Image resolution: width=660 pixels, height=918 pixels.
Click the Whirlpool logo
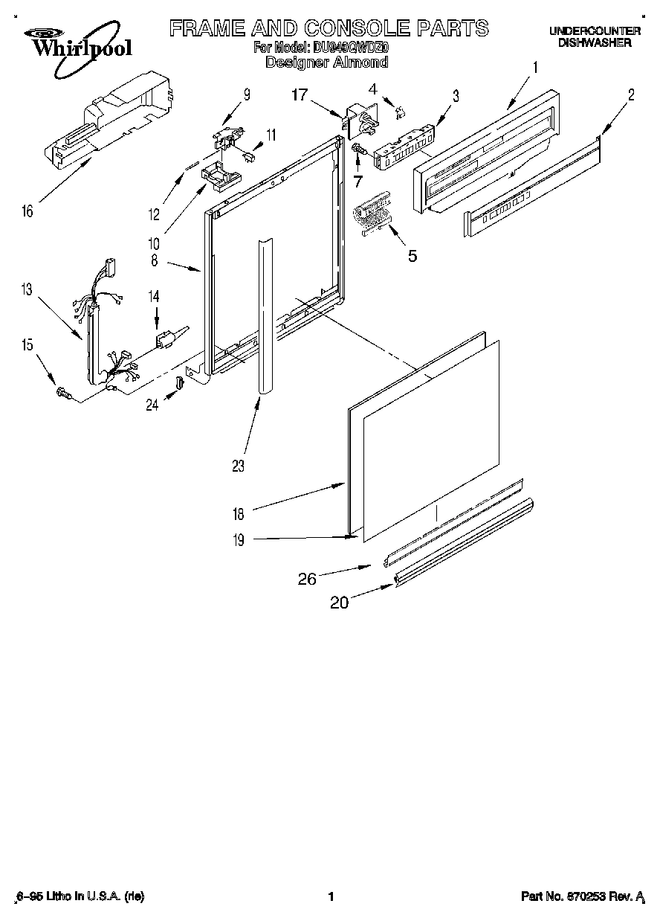coord(72,43)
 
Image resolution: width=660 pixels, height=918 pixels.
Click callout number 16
coord(27,212)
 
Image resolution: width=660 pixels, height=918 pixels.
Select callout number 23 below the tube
coord(238,466)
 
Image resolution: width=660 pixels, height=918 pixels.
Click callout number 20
coord(339,603)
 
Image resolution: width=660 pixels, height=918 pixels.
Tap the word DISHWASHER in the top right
coord(595,43)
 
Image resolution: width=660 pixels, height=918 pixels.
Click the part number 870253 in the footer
coord(585,897)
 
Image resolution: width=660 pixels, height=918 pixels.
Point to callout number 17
coord(299,94)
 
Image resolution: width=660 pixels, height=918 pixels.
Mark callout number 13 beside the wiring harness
coord(27,289)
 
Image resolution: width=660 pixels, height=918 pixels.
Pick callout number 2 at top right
coord(630,94)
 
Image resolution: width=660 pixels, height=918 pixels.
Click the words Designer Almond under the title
coord(327,62)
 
